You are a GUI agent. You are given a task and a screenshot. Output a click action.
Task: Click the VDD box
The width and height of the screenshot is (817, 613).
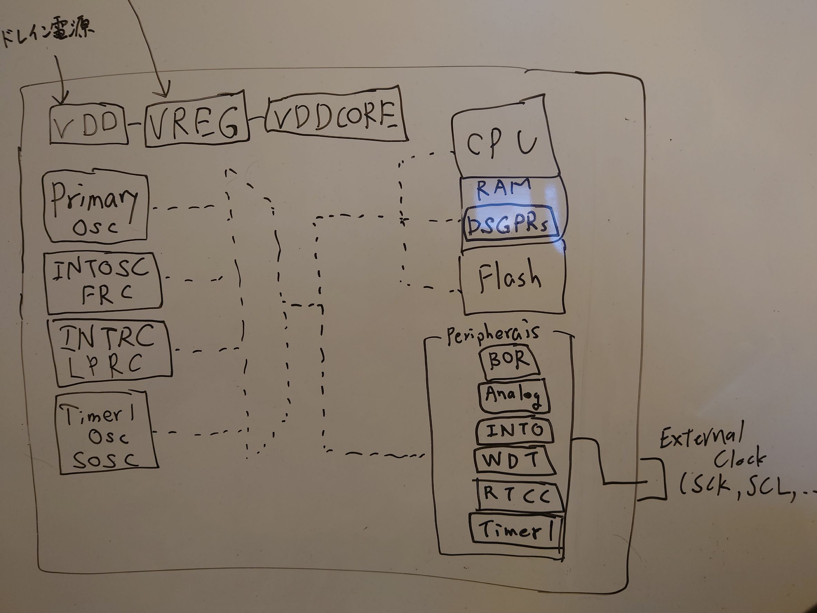point(88,124)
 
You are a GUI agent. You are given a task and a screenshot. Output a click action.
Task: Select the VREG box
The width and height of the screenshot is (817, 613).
point(196,120)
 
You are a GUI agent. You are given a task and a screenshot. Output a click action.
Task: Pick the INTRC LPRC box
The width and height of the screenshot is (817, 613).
point(109,353)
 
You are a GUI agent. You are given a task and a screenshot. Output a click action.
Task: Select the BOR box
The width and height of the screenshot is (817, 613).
point(509,362)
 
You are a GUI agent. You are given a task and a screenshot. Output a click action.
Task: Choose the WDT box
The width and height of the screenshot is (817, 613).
point(514,461)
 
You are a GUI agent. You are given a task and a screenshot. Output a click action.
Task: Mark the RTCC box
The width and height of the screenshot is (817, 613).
point(519,495)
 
